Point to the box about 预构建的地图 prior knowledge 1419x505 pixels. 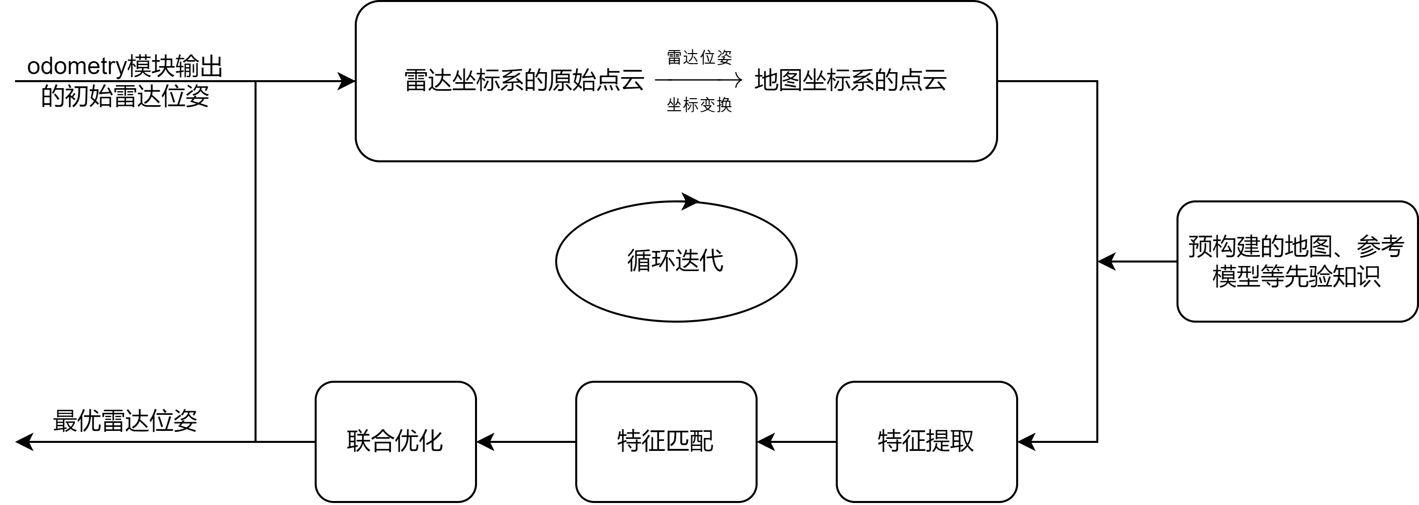(1297, 262)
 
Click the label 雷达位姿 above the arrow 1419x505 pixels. (699, 57)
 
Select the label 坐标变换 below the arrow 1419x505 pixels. (699, 105)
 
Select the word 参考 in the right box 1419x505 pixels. (1380, 246)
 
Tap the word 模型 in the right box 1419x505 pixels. (1236, 277)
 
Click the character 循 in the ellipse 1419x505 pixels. (639, 261)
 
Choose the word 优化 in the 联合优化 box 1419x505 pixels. (419, 440)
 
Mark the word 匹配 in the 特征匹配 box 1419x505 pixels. (689, 440)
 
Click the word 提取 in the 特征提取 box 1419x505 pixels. (950, 440)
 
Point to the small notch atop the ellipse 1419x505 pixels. (688, 206)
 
